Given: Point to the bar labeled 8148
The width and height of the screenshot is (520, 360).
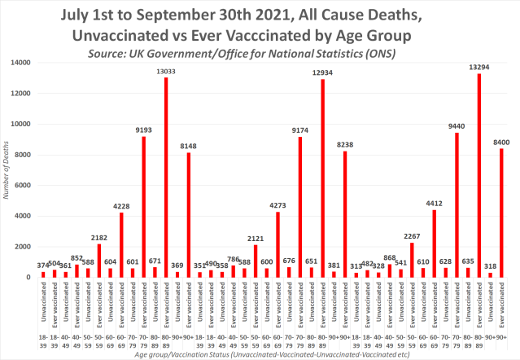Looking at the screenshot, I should coord(189,215).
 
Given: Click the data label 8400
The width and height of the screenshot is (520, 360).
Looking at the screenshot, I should coord(502,141).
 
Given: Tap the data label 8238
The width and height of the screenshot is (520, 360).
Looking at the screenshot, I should coord(345,143).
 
